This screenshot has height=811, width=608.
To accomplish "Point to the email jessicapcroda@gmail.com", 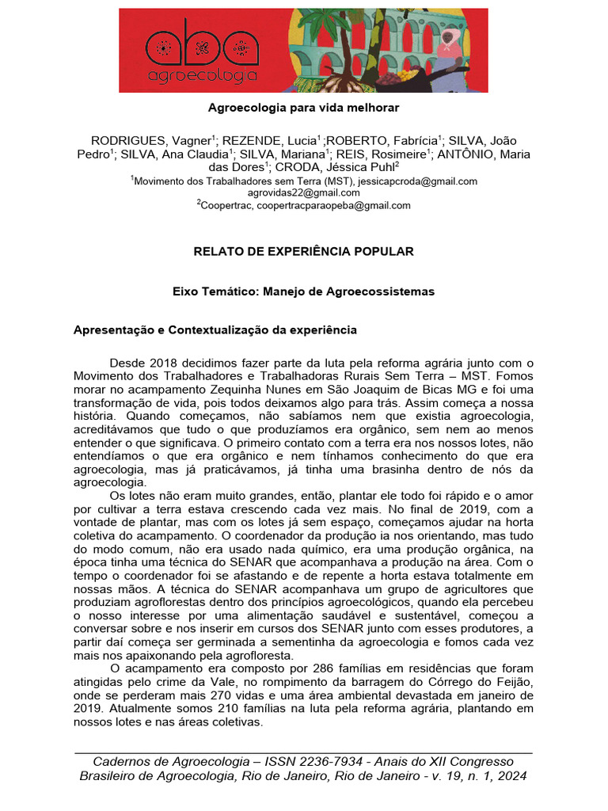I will tap(420, 181).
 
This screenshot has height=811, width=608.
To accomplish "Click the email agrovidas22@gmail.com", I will tap(304, 192).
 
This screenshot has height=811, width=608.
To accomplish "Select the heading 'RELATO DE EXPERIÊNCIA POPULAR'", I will tap(304, 252).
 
